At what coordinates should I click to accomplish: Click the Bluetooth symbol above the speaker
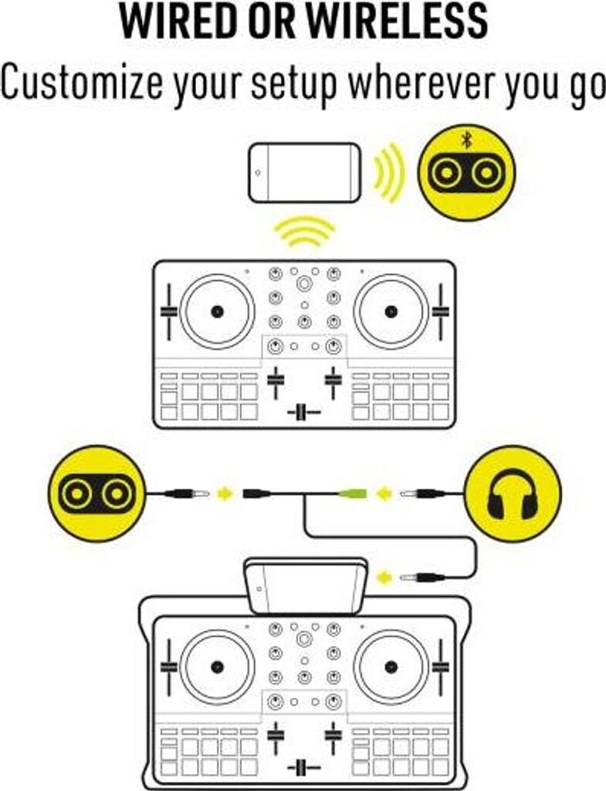466,140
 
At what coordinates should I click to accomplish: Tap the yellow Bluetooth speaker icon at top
466,173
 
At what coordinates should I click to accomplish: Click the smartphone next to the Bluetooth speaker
304,173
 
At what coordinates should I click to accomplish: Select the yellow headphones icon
513,494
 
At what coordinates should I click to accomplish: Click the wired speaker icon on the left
96,494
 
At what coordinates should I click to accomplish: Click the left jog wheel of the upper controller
217,311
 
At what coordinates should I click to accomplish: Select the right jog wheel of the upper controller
391,311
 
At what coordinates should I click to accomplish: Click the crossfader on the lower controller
304,767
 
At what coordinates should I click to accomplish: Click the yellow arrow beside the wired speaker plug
224,493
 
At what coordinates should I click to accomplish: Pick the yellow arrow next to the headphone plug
384,493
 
